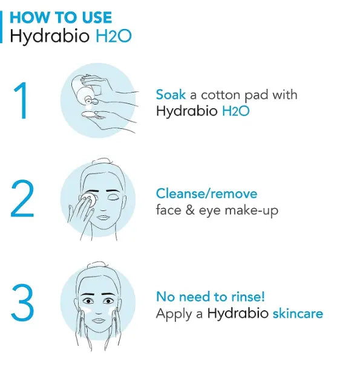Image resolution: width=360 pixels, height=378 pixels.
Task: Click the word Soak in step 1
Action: tap(170, 95)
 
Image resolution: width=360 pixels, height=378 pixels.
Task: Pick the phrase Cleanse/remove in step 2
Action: tap(206, 194)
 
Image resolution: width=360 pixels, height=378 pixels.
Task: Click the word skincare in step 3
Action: tap(298, 314)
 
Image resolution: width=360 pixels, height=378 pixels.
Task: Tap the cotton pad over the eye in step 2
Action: tap(90, 198)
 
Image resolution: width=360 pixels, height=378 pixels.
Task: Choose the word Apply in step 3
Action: tap(172, 314)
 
